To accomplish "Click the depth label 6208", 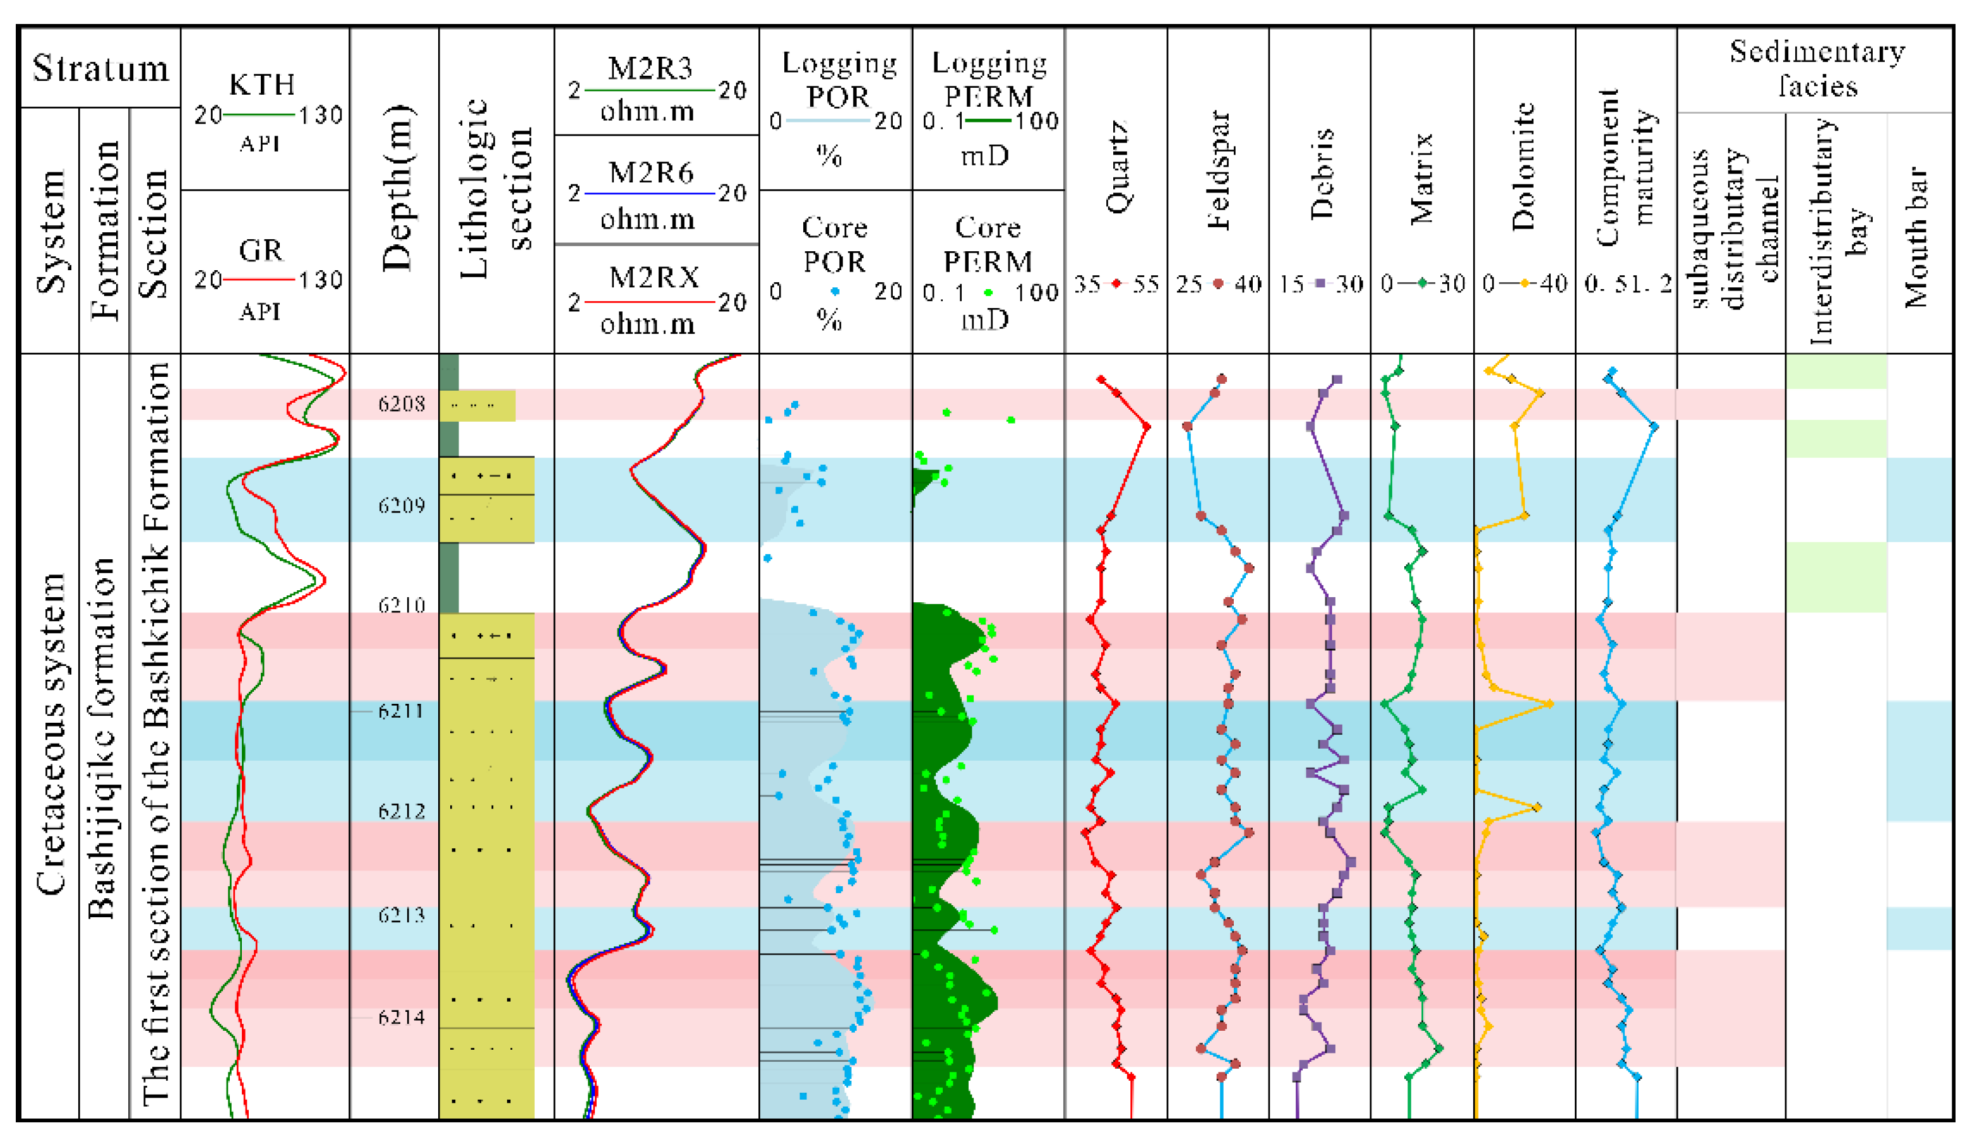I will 401,404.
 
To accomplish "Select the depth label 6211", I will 401,711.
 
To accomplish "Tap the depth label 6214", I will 401,1017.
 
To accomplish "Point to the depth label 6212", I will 401,811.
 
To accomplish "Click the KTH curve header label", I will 261,85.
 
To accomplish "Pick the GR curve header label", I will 261,251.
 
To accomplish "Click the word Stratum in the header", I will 100,69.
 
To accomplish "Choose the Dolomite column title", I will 1524,166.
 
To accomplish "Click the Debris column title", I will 1321,174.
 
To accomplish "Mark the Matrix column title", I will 1421,179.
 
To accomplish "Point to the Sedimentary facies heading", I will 1817,69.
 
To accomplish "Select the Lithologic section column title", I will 496,188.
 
